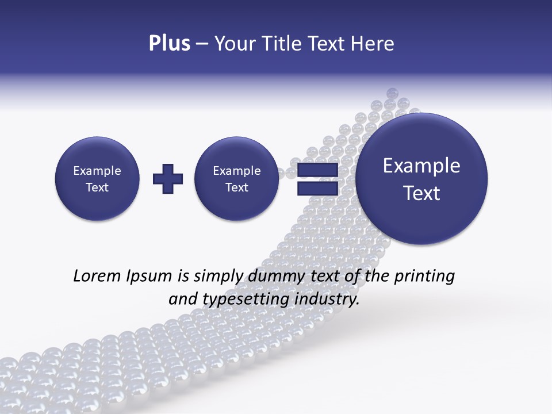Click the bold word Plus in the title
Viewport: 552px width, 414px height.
[169, 44]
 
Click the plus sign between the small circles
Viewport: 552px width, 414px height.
[168, 179]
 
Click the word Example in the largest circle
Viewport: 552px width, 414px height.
[421, 166]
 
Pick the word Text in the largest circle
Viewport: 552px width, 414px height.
[421, 193]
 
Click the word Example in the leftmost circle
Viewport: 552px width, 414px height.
[97, 171]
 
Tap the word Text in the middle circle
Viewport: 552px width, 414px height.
[236, 187]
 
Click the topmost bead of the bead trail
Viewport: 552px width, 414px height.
[393, 93]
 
